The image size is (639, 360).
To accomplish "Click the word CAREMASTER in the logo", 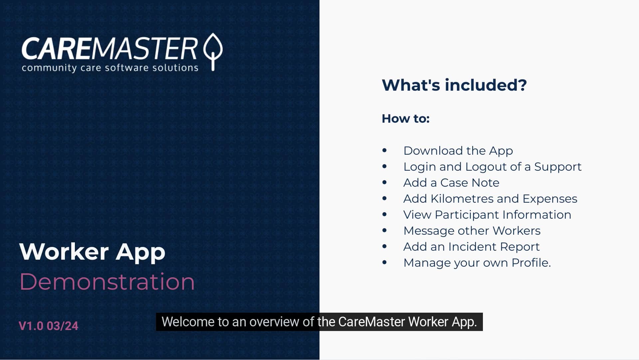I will pos(110,49).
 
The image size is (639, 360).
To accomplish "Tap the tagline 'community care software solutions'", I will pos(110,68).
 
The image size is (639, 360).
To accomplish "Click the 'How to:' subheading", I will pos(405,119).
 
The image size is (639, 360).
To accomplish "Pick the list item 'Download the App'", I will pos(458,151).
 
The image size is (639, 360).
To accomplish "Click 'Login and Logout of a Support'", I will pos(492,167).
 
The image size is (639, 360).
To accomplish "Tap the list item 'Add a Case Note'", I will pos(451,183).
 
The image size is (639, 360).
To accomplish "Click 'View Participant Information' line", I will pos(487,215).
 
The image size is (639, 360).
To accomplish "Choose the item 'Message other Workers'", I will pos(472,231).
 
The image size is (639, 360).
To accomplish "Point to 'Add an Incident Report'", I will pos(471,247).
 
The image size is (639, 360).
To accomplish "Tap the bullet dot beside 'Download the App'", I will pos(384,150).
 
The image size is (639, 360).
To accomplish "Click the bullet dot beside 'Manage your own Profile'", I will pos(384,262).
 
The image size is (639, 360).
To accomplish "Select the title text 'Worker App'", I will pos(92,252).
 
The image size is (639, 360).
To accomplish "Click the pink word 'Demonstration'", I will pos(107,282).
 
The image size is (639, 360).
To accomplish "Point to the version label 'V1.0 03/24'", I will pos(48,326).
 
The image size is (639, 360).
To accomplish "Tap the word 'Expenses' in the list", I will pos(549,199).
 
